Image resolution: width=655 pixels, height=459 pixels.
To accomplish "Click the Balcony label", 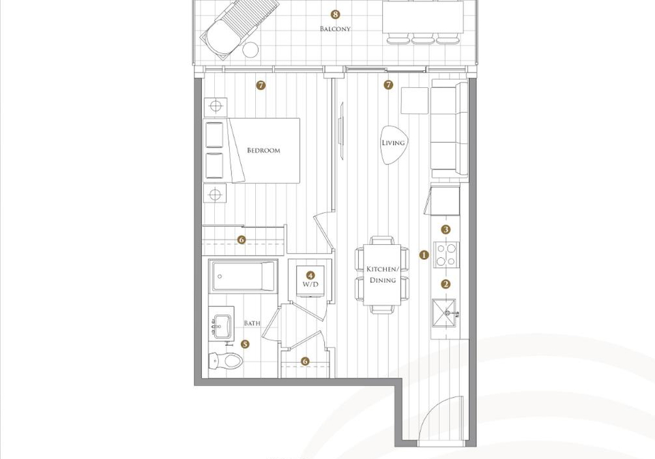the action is (335, 29).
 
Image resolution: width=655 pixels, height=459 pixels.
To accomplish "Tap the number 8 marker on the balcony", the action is (335, 14).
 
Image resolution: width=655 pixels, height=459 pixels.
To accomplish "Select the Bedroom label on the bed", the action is (263, 150).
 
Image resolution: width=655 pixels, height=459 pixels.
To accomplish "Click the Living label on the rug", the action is (393, 143).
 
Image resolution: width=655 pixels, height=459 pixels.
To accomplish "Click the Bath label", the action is (252, 323).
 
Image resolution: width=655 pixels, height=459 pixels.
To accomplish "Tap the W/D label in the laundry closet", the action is (310, 284).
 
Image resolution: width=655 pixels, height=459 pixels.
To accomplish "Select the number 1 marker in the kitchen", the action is (424, 255).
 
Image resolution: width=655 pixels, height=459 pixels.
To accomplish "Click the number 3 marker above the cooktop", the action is (446, 229).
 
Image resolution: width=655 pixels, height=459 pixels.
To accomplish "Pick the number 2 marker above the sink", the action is (446, 284).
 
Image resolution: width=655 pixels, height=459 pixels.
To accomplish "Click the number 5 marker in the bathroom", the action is (245, 344).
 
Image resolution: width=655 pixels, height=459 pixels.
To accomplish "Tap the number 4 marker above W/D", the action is (310, 276).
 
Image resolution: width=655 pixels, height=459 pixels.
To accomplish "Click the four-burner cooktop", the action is (446, 255).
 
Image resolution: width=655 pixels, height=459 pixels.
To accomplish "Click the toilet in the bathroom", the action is (224, 361).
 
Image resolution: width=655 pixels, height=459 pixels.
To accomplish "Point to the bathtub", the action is (244, 276).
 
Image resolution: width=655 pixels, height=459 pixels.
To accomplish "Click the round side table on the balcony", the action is (250, 50).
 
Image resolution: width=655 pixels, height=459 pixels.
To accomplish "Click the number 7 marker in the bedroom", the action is (261, 86).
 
